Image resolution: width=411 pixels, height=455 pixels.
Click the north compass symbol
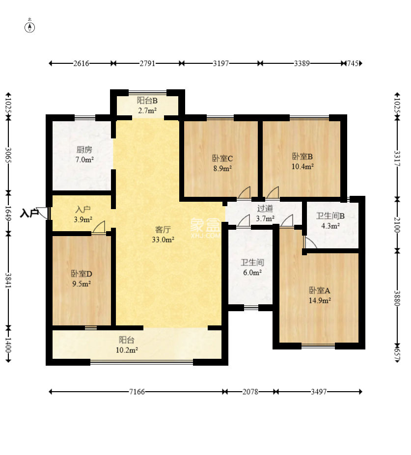coord(29,27)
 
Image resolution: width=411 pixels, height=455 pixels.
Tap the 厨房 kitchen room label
coord(84,150)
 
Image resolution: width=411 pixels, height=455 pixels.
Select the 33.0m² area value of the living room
coord(163,240)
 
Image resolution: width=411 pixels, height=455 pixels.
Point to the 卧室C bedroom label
coord(222,159)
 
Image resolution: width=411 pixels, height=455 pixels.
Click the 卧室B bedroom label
coord(302,157)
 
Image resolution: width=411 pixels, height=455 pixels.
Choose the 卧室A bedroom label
coord(320,291)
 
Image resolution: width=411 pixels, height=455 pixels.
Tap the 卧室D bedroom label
coord(82,274)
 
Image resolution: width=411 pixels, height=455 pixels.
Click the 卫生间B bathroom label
coord(330,216)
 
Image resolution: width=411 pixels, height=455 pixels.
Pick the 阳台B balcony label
coord(147,101)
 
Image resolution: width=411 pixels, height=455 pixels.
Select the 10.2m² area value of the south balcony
coord(127,350)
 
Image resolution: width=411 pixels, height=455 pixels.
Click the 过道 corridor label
coord(265,208)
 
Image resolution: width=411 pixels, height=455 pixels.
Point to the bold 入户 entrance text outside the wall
coord(29,214)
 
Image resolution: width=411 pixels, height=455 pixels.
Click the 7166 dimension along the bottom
coord(137,392)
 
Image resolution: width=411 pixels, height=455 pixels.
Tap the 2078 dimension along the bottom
coord(250,392)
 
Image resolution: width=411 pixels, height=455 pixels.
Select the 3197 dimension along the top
coord(221,63)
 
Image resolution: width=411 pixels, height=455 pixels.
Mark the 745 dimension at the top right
coord(353,63)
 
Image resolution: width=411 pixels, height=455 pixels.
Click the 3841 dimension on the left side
coord(8,281)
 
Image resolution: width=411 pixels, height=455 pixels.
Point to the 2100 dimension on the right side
coord(397,225)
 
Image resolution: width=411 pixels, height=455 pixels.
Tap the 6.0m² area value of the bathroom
coord(252,273)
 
